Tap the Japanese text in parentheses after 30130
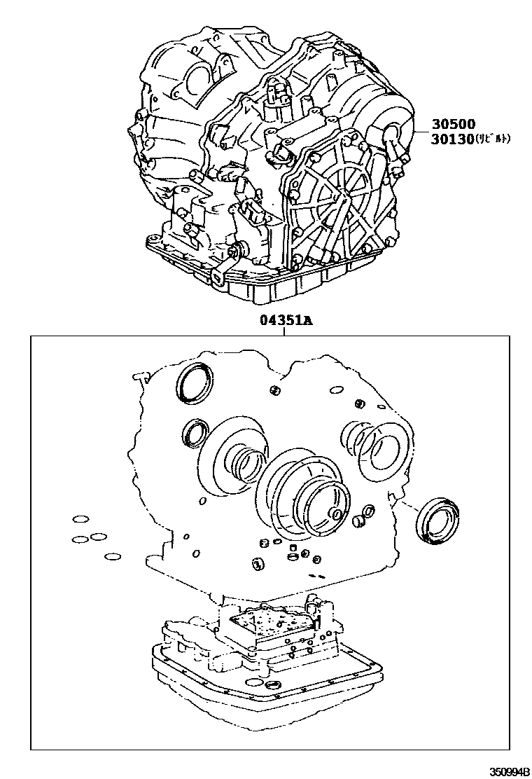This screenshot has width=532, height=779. [493, 139]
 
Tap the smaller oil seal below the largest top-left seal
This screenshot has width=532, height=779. [195, 432]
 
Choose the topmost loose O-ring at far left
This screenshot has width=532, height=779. [80, 519]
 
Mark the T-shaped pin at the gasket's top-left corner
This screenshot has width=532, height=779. [136, 378]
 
